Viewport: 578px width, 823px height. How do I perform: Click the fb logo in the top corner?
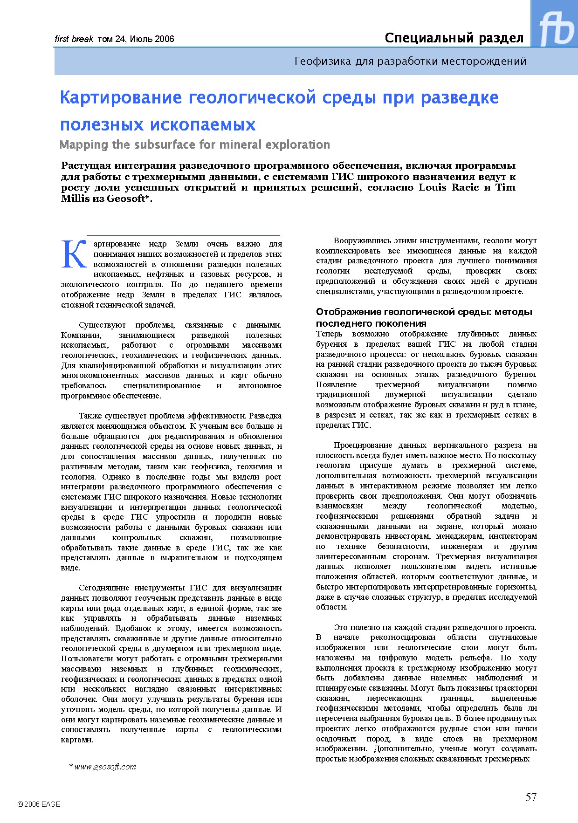click(x=556, y=28)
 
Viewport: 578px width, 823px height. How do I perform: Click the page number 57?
click(x=531, y=797)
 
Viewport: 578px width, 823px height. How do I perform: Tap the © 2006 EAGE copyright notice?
click(x=39, y=804)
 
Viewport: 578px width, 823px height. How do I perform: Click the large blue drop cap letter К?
click(x=75, y=254)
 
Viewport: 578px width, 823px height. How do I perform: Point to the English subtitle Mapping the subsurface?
click(x=194, y=145)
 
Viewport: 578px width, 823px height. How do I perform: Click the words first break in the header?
click(x=74, y=39)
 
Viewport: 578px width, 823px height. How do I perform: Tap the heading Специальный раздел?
click(x=454, y=38)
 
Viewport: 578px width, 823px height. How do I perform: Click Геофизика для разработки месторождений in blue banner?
click(x=410, y=61)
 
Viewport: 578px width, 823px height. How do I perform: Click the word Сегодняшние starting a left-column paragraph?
click(x=106, y=588)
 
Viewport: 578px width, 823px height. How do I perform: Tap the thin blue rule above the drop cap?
click(x=184, y=235)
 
